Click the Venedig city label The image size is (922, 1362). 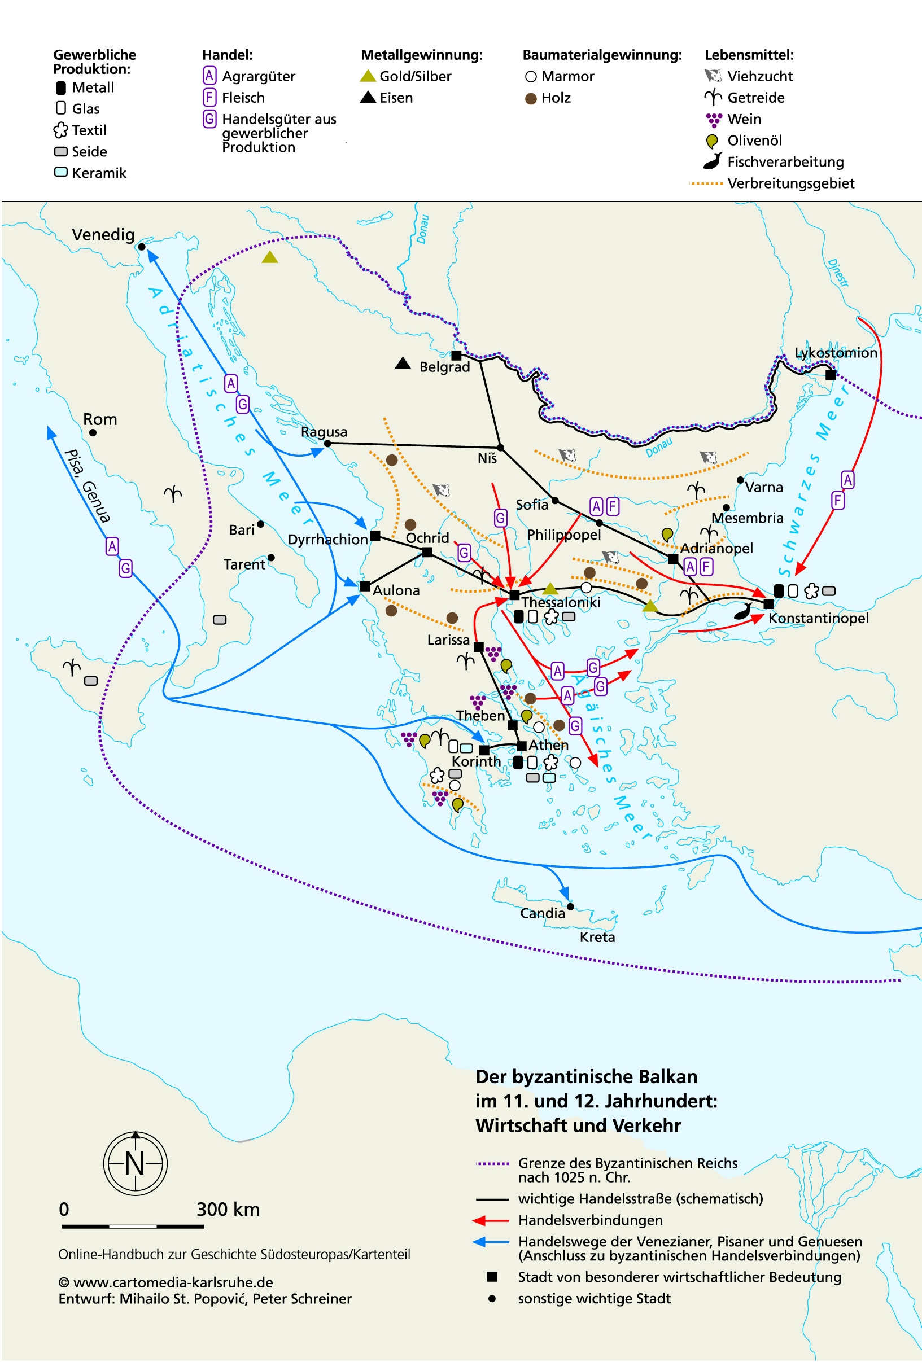click(x=103, y=234)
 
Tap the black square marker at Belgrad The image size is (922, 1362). click(x=456, y=355)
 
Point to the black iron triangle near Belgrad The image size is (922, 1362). click(x=403, y=364)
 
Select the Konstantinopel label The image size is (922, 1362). click(x=818, y=618)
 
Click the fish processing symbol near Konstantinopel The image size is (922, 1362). click(x=743, y=611)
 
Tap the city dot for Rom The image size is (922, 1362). click(x=93, y=432)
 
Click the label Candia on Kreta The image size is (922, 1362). click(x=542, y=913)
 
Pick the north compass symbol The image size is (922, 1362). click(x=136, y=1163)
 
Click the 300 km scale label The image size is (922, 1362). click(x=228, y=1209)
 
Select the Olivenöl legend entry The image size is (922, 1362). click(x=754, y=141)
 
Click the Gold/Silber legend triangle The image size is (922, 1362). click(x=368, y=76)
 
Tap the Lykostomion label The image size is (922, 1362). click(x=835, y=353)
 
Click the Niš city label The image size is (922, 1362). click(x=487, y=458)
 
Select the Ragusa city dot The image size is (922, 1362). click(x=327, y=444)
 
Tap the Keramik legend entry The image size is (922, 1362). click(x=98, y=173)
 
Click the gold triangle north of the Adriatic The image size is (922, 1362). click(x=270, y=257)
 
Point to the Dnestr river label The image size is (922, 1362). click(x=839, y=273)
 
